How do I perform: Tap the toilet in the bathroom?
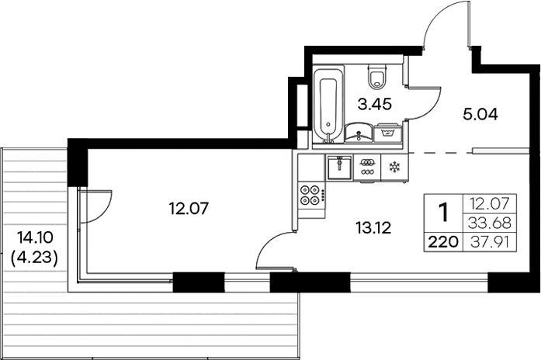[378, 76]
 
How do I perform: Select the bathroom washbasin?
[359, 133]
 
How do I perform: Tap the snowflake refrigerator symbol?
[394, 167]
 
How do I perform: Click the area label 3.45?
[373, 102]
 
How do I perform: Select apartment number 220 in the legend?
[442, 241]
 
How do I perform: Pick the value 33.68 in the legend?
[489, 223]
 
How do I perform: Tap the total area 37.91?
[489, 241]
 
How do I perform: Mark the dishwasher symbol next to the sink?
[366, 167]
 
